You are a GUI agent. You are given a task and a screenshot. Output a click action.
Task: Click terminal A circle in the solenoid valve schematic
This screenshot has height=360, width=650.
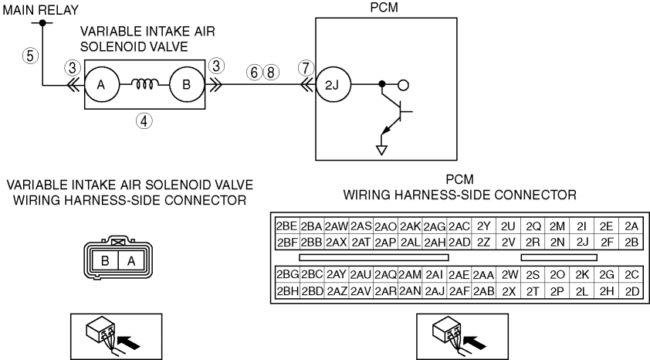(x=102, y=85)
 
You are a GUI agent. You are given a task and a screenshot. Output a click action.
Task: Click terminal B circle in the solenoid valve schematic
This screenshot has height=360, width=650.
(x=187, y=85)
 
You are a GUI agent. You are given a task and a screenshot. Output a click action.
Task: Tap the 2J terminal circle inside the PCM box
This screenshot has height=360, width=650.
(x=333, y=85)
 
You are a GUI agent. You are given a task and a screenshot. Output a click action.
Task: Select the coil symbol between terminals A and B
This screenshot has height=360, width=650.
(x=144, y=84)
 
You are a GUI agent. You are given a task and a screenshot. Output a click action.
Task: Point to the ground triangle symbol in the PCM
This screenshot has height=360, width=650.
(x=381, y=150)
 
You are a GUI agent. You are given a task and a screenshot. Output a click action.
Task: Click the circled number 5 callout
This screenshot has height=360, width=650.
(x=30, y=55)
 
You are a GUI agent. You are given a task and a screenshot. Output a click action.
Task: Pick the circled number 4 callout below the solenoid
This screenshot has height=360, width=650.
(x=144, y=121)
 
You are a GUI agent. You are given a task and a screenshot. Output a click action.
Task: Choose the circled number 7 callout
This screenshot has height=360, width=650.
(x=306, y=68)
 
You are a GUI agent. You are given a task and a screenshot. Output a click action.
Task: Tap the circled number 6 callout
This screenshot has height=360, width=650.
(x=254, y=72)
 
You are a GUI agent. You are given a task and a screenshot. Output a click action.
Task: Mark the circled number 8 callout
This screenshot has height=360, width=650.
(x=271, y=72)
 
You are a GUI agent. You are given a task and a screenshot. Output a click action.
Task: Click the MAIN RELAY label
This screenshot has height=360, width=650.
(x=41, y=10)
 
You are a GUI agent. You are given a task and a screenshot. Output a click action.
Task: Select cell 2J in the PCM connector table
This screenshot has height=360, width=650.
(x=582, y=242)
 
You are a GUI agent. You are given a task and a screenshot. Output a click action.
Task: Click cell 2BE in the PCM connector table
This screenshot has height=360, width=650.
(x=287, y=226)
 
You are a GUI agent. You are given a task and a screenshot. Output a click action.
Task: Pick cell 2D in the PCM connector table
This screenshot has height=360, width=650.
(x=631, y=291)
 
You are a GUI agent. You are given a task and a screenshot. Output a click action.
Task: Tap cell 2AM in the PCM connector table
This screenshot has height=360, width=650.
(x=410, y=275)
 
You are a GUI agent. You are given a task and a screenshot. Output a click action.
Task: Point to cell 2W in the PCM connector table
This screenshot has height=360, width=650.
(x=510, y=275)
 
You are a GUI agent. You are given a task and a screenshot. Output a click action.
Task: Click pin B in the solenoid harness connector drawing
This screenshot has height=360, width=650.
(x=105, y=261)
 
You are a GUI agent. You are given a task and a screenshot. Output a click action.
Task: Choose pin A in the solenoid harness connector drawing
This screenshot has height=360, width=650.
(x=131, y=261)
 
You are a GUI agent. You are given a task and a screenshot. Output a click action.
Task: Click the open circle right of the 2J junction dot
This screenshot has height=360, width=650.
(x=403, y=85)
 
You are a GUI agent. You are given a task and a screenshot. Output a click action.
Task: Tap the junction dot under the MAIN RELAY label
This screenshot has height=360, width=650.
(x=42, y=23)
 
